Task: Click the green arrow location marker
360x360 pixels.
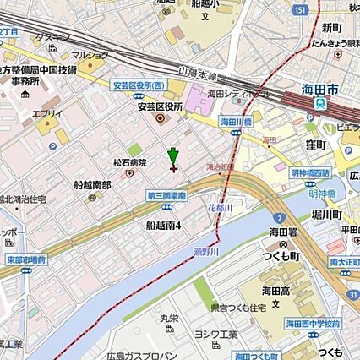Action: click(x=173, y=156)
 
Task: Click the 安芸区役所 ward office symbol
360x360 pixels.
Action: click(x=161, y=119)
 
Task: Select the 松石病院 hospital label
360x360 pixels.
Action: click(x=129, y=162)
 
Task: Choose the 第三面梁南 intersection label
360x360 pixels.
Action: click(x=166, y=196)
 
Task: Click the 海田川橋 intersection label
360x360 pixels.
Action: click(x=238, y=122)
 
